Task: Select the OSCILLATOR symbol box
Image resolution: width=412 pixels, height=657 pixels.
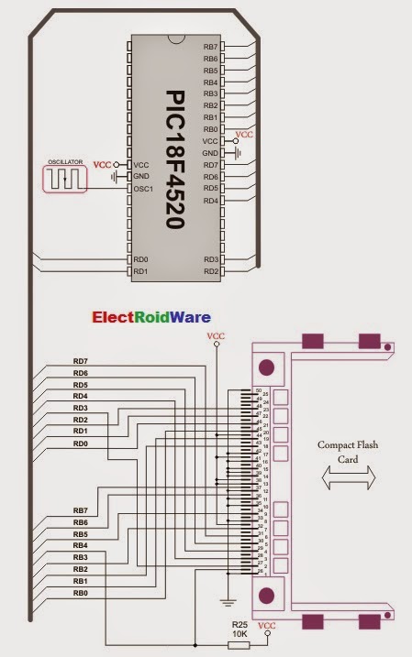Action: tap(65, 176)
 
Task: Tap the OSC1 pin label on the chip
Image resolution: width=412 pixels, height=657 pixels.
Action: tap(142, 188)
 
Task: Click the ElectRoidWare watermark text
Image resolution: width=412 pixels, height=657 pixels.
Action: tap(150, 318)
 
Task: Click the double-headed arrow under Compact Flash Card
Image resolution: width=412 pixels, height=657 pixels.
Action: tap(346, 479)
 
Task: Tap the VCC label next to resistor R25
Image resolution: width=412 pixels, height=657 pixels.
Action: tap(266, 626)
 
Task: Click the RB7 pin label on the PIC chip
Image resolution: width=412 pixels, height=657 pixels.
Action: tap(210, 47)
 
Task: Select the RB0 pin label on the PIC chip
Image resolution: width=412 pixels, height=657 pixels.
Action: tap(210, 129)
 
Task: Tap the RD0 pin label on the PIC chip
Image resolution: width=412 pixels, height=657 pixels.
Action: tap(140, 259)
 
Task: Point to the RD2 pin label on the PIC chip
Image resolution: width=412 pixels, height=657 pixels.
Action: tap(210, 271)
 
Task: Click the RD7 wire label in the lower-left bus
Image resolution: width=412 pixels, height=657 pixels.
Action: tap(81, 361)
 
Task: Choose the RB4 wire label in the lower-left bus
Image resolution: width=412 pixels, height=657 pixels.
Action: tap(81, 545)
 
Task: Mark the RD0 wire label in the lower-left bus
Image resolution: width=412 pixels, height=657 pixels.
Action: tap(81, 443)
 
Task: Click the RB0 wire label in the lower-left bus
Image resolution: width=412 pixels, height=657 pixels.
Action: tap(81, 593)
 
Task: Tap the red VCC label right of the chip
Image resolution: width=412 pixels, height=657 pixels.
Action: tap(245, 134)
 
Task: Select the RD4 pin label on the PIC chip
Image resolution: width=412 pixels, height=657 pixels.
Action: tap(210, 200)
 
